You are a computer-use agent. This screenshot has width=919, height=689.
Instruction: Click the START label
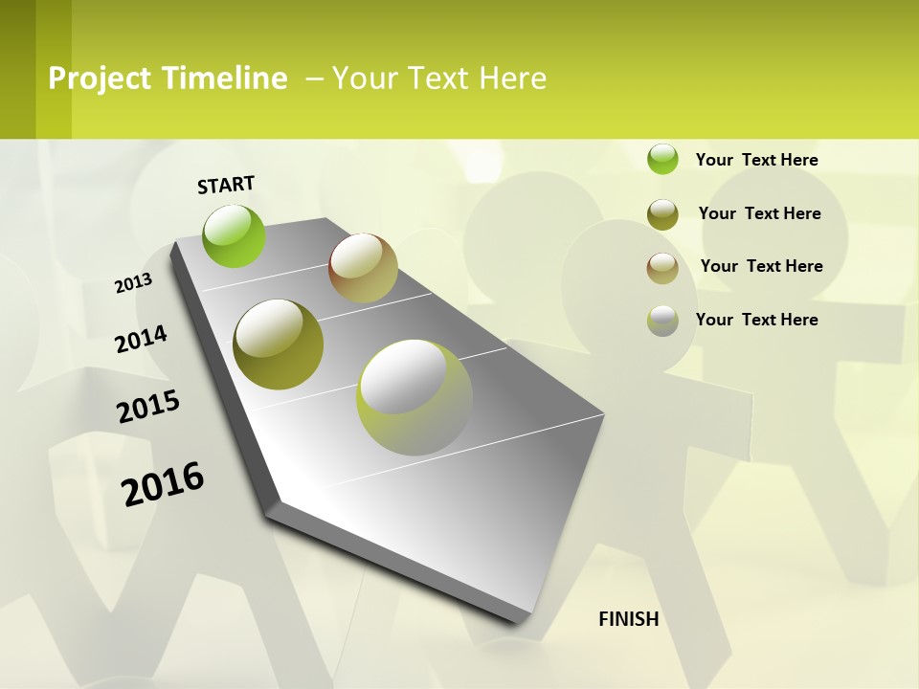[226, 185]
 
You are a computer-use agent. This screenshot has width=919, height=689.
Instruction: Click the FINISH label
[628, 619]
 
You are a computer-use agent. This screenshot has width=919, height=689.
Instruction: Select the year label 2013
[134, 283]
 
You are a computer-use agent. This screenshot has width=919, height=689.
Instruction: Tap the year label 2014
[141, 339]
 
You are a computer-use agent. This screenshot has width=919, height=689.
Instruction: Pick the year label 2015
[148, 407]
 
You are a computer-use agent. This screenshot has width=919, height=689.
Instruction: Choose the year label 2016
[163, 483]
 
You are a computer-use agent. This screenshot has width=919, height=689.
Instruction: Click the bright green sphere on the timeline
[235, 235]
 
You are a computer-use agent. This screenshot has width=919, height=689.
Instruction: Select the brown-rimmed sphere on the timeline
[363, 268]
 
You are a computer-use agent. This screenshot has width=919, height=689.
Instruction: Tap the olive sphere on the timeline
[278, 344]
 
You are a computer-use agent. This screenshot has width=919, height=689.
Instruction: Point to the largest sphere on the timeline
[415, 397]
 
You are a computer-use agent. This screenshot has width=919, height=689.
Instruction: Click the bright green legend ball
[662, 159]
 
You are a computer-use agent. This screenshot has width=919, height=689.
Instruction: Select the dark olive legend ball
[662, 214]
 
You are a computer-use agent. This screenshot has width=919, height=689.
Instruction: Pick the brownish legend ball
[662, 268]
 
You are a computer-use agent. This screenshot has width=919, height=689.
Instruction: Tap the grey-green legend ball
[662, 321]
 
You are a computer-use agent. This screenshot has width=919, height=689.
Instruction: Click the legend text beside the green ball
[756, 160]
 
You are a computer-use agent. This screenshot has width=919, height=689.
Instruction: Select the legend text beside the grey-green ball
[756, 320]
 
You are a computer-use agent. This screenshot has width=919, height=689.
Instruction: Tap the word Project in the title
[101, 78]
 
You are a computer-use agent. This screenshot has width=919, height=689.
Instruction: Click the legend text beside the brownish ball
[761, 266]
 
